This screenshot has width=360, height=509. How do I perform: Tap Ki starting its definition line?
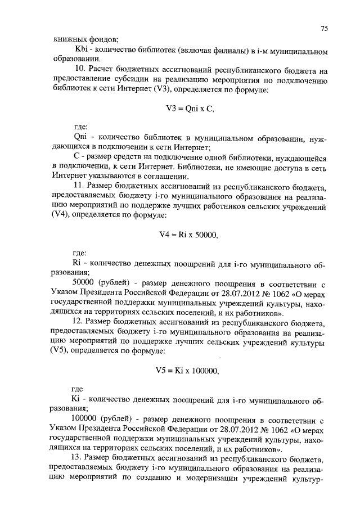78,400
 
